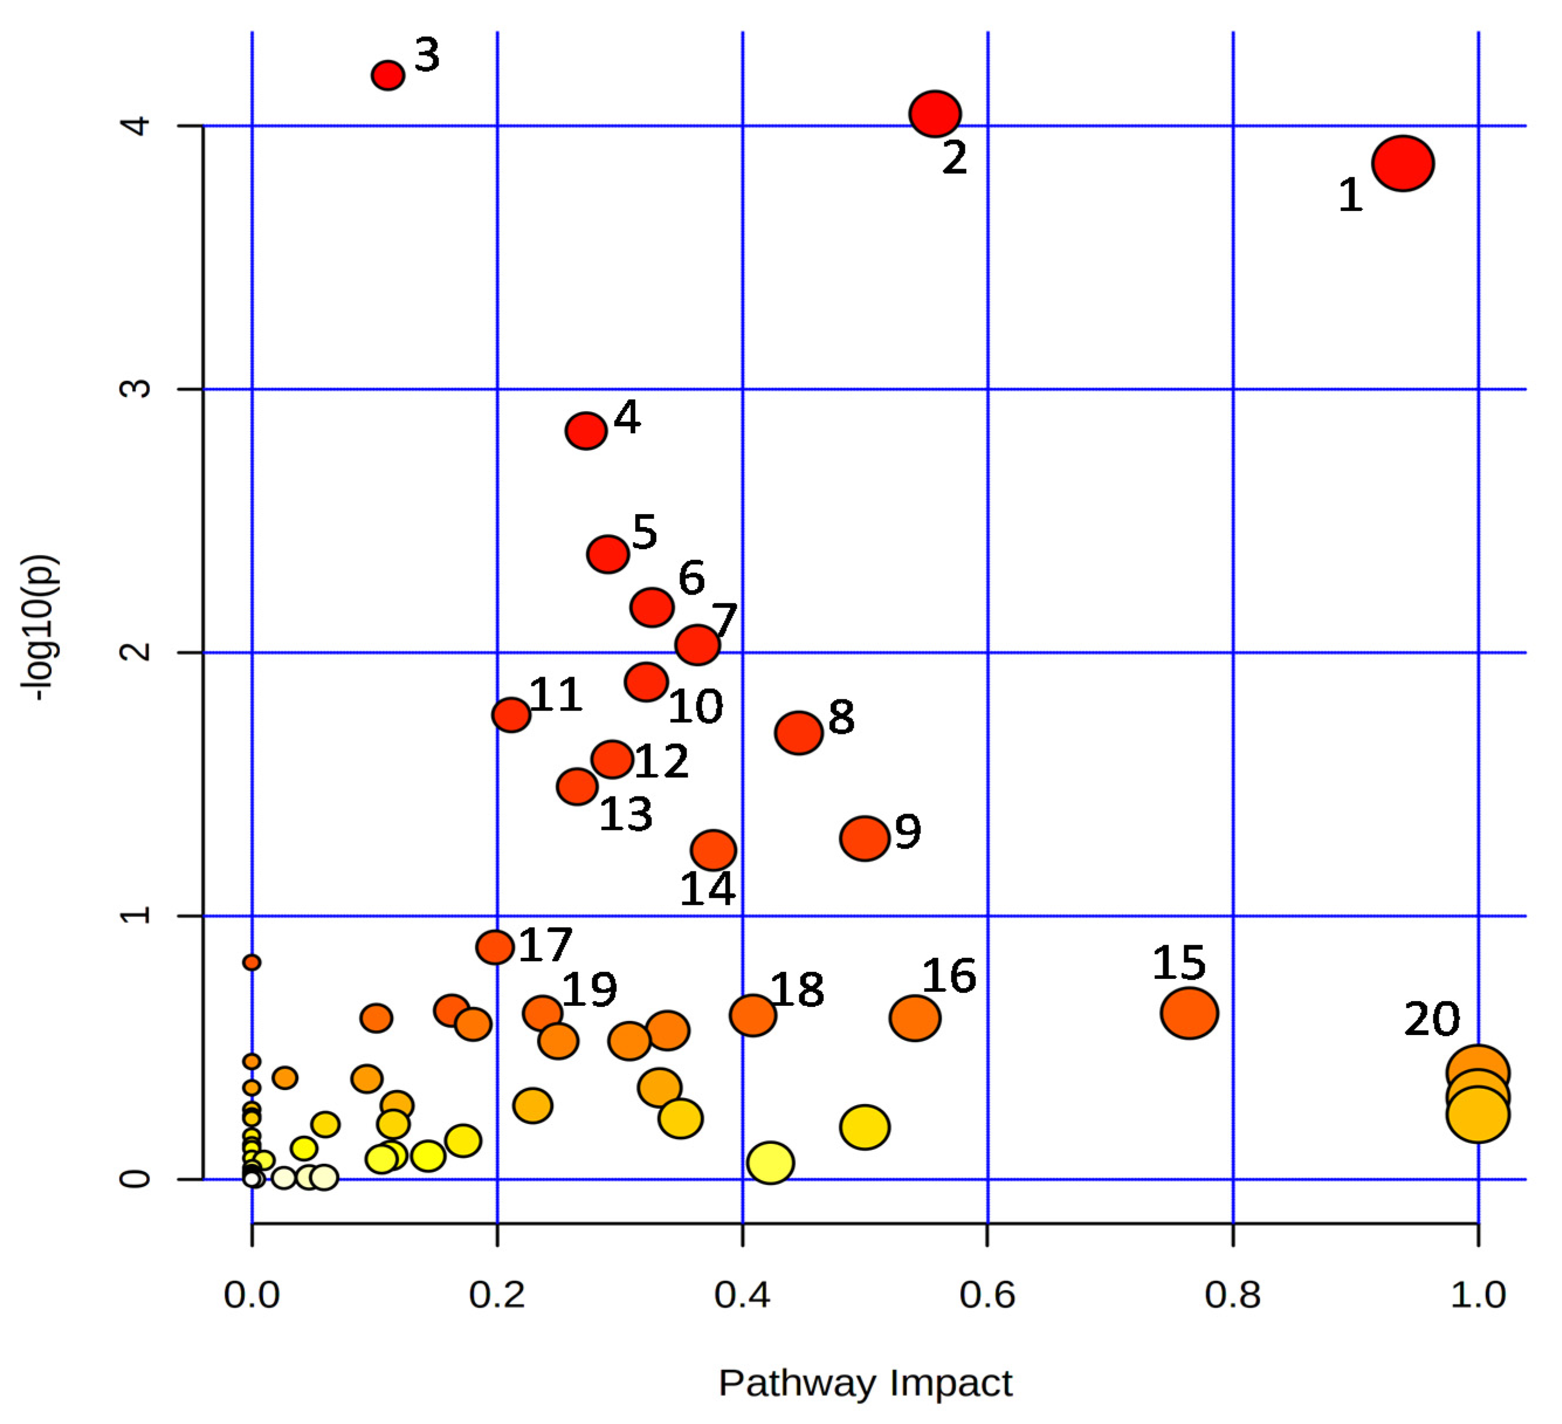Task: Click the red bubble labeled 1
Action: [1402, 164]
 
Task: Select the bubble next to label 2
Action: [935, 114]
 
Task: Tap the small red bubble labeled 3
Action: [388, 75]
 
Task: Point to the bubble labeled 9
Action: [865, 838]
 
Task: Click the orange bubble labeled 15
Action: [1189, 1013]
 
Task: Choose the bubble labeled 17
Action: [495, 947]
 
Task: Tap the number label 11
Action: [556, 695]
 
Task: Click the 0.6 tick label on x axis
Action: [987, 1295]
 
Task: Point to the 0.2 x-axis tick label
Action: [496, 1295]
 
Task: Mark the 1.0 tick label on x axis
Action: [1478, 1295]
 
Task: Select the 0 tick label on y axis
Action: [136, 1179]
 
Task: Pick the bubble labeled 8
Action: [799, 732]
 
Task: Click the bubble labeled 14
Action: [713, 850]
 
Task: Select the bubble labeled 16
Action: [915, 1018]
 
